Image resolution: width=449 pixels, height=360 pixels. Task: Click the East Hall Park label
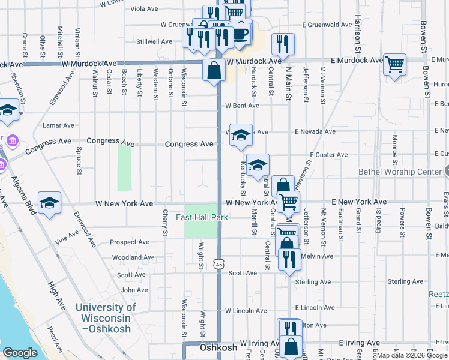pyautogui.click(x=201, y=217)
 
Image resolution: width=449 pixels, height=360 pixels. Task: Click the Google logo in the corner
pyautogui.click(x=20, y=353)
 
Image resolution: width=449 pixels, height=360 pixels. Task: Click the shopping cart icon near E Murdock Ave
pyautogui.click(x=394, y=64)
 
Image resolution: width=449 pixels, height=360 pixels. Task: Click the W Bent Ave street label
pyautogui.click(x=242, y=106)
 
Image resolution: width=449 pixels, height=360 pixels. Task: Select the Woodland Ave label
pyautogui.click(x=133, y=257)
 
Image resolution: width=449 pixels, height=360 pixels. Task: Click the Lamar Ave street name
pyautogui.click(x=59, y=125)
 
